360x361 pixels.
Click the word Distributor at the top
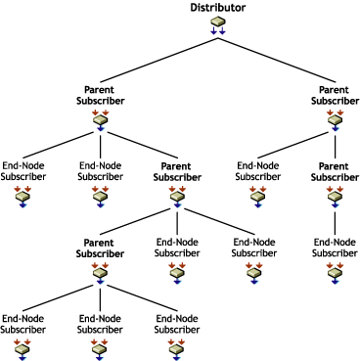pos(217,7)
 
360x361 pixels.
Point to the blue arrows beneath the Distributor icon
pos(217,31)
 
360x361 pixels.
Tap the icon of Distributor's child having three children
pos(100,121)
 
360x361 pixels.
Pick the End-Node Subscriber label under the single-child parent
pos(336,248)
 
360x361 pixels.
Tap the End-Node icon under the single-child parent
pos(336,271)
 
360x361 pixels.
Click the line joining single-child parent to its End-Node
pos(336,220)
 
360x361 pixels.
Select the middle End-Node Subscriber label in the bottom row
pos(100,323)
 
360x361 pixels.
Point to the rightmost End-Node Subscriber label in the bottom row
pos(177,323)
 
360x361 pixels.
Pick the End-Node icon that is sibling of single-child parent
pos(256,197)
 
